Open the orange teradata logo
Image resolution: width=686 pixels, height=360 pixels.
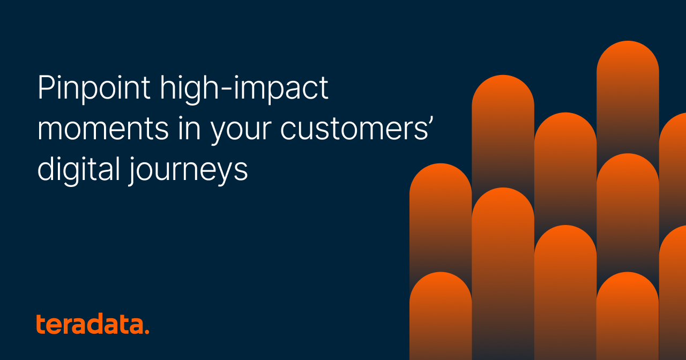(x=92, y=325)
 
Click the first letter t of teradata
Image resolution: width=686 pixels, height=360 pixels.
(x=40, y=324)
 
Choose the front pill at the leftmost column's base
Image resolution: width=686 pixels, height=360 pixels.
(x=441, y=316)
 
